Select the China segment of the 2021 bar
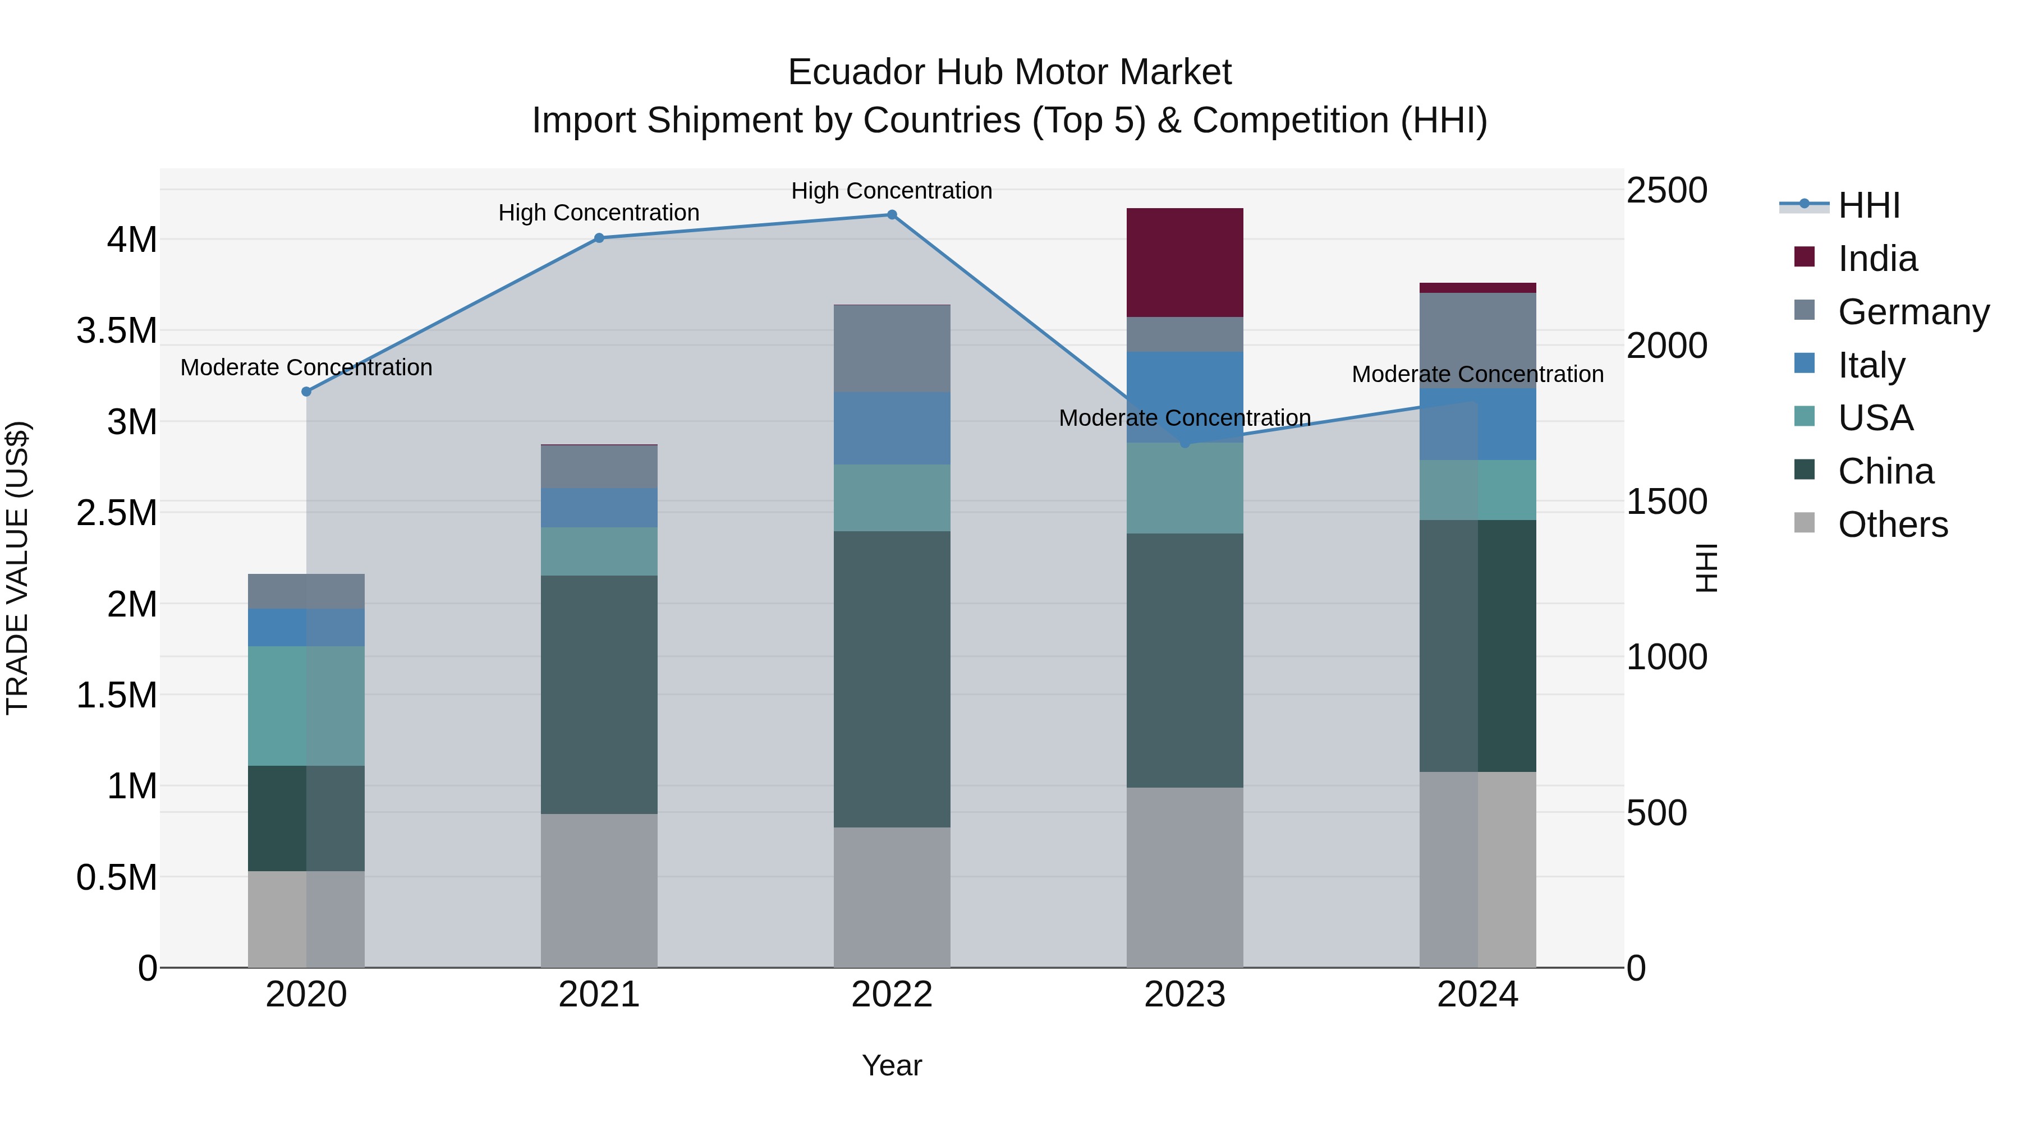point(599,694)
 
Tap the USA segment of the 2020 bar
point(306,706)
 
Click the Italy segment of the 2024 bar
point(1477,424)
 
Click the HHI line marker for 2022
point(892,215)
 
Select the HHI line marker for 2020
point(306,391)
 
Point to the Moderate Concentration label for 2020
point(306,367)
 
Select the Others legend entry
point(1892,524)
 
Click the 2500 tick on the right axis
point(1666,191)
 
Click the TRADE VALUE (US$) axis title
point(17,568)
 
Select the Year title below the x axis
point(892,1065)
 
